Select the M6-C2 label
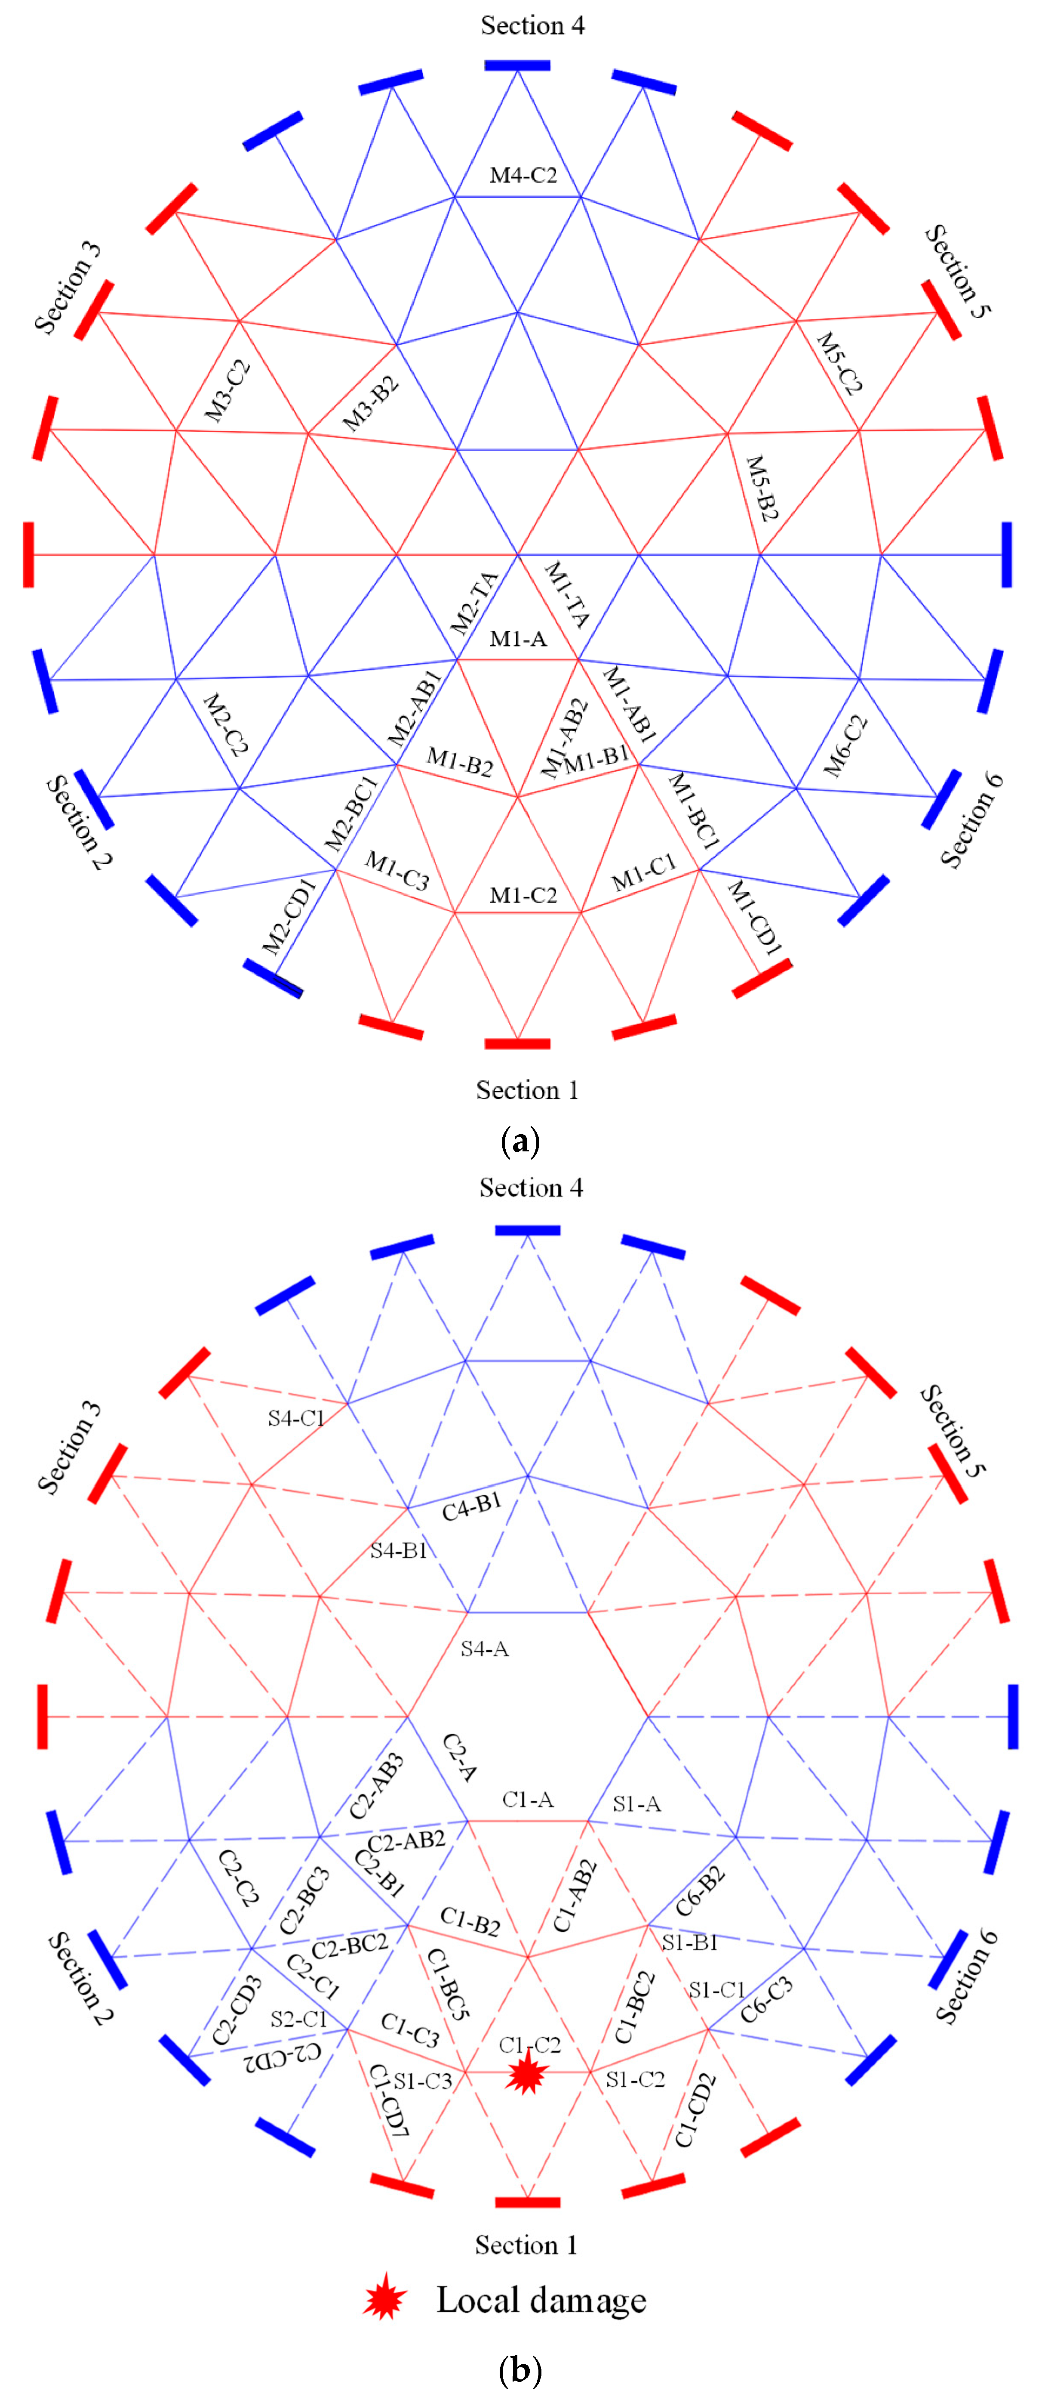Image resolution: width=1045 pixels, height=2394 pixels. [845, 745]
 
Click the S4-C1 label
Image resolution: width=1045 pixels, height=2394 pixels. [295, 1418]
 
